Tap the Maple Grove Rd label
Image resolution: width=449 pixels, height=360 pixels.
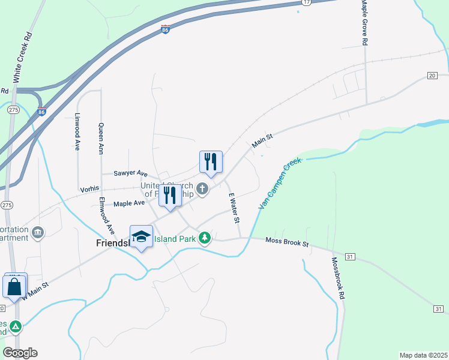(x=364, y=23)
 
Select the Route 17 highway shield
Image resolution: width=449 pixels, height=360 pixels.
(x=307, y=2)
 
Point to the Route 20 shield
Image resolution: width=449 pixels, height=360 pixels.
(x=432, y=75)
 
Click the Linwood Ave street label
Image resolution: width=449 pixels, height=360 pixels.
(x=77, y=131)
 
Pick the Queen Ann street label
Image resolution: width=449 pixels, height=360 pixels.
(x=100, y=139)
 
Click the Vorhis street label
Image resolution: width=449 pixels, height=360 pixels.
(x=90, y=189)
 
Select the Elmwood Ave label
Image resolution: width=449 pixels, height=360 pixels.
(x=107, y=215)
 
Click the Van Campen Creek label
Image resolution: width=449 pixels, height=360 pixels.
(x=280, y=184)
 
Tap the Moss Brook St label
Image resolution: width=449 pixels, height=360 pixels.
(x=287, y=242)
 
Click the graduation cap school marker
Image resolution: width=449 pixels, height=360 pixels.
(x=141, y=236)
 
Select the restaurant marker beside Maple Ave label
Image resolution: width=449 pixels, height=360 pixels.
(x=170, y=196)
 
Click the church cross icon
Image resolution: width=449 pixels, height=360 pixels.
(x=203, y=190)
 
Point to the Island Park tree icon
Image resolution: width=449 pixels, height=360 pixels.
(x=205, y=238)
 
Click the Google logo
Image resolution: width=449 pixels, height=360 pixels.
(x=20, y=353)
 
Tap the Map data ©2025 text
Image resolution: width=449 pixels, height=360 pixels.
(x=423, y=355)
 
